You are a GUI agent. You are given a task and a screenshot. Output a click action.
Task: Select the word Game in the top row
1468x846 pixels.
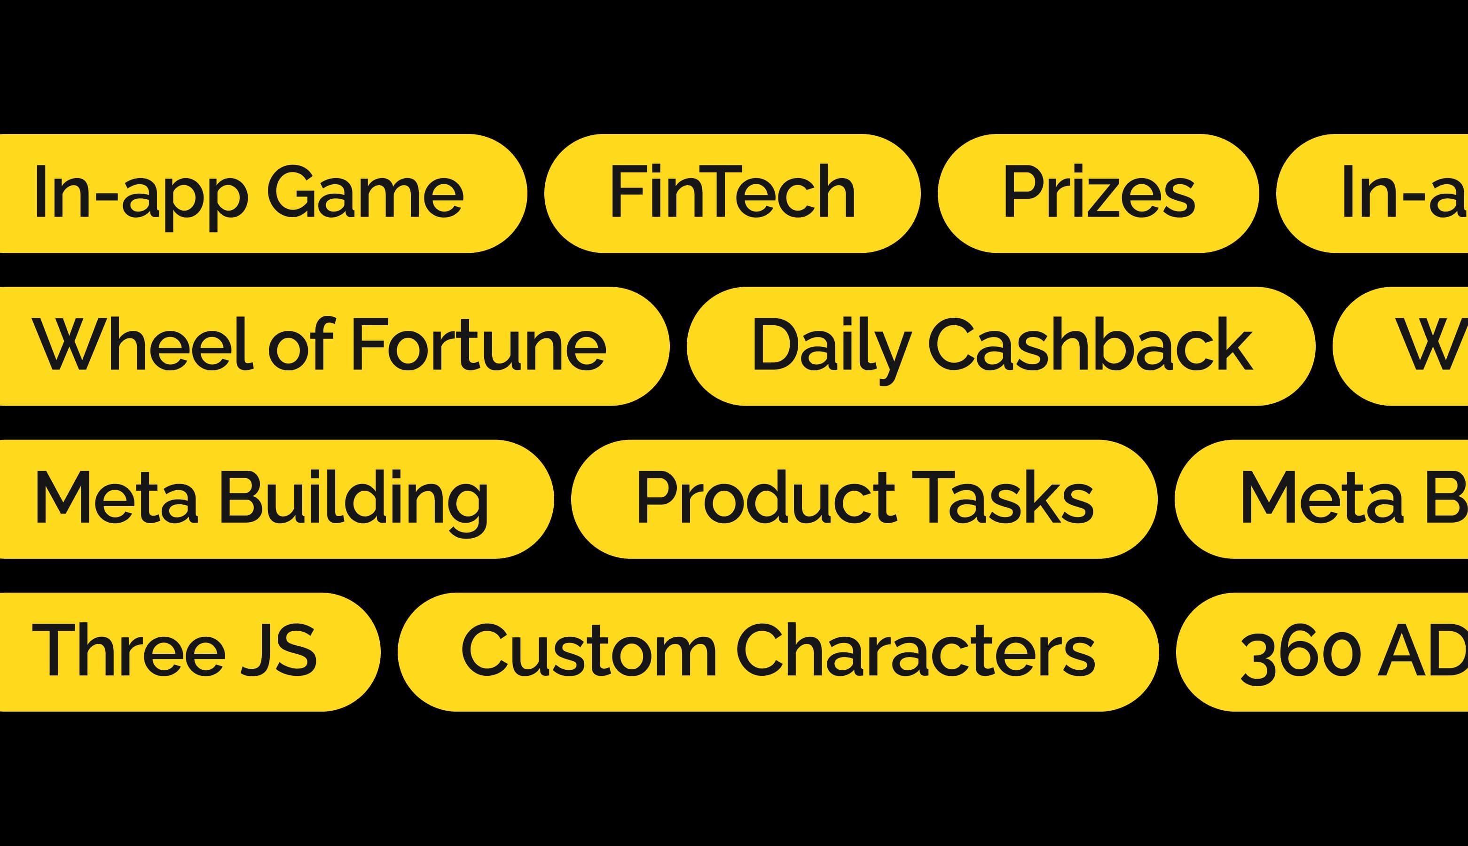pyautogui.click(x=365, y=192)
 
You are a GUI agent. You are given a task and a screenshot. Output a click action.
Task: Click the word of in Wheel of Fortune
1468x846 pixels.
pyautogui.click(x=302, y=344)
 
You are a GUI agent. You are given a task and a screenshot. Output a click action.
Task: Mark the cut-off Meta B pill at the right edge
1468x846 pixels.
pyautogui.click(x=1336, y=499)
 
